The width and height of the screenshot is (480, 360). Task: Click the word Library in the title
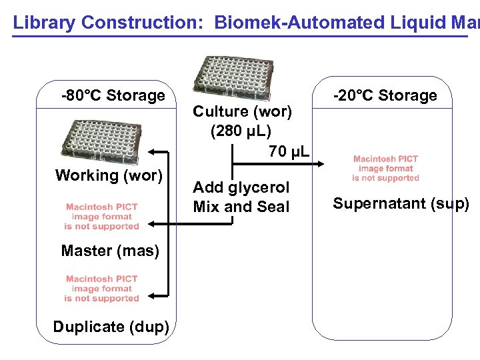[42, 23]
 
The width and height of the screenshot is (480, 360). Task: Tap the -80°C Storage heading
[113, 95]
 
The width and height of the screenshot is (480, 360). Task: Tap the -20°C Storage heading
[385, 95]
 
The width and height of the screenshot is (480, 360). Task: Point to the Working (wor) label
[109, 175]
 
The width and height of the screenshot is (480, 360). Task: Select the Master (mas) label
[109, 251]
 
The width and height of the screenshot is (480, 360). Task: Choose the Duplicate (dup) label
[111, 327]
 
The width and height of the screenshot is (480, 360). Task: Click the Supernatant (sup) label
[401, 203]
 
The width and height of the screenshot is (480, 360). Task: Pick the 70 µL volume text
[289, 152]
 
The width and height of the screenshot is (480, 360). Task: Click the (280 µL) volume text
[241, 131]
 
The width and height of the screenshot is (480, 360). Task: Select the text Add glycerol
[241, 187]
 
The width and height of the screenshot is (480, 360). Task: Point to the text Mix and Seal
[241, 207]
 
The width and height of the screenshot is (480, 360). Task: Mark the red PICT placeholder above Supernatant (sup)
[385, 168]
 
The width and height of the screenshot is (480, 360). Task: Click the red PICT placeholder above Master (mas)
[102, 217]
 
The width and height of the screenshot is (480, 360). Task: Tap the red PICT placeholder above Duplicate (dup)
[102, 289]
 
